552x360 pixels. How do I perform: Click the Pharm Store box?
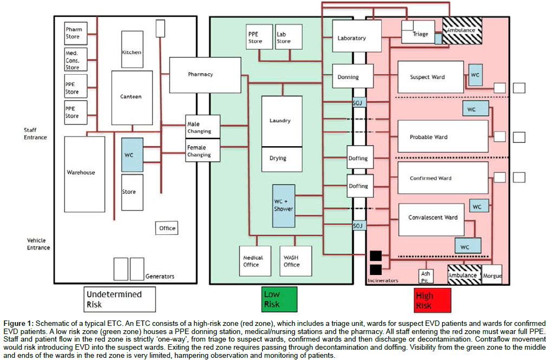73,33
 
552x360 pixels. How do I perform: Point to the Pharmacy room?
204,75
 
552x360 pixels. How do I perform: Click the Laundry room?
281,121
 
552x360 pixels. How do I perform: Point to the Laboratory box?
352,38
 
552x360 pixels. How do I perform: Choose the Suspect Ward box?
431,77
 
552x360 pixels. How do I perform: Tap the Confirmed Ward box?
431,178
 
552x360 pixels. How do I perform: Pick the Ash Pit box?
426,276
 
